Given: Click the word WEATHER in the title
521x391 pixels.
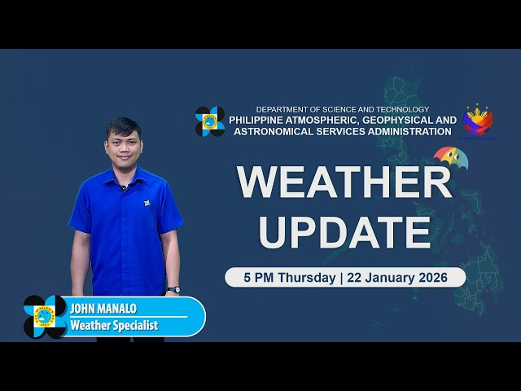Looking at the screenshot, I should [x=344, y=182].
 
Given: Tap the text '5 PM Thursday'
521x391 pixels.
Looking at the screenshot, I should [x=289, y=277].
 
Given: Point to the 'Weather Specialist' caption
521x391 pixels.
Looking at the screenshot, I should [x=114, y=325].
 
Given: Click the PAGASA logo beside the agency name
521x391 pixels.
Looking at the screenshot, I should [x=210, y=121].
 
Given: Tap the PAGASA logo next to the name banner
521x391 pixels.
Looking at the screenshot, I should [x=45, y=316].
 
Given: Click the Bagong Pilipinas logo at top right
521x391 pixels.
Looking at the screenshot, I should [x=478, y=120].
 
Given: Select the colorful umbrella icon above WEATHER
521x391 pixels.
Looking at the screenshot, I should [x=450, y=156].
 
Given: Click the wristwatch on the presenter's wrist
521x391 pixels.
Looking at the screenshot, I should [x=173, y=289].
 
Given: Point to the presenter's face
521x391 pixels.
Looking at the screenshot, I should [x=123, y=146].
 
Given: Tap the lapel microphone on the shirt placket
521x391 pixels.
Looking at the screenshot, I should [x=123, y=188].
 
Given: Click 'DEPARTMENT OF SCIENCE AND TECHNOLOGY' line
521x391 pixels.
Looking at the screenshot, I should [x=342, y=109].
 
